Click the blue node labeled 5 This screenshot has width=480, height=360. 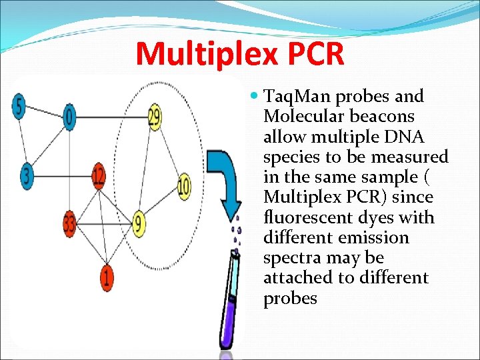(x=19, y=107)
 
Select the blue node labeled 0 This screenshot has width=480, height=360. (x=69, y=118)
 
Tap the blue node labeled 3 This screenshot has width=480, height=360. (x=26, y=175)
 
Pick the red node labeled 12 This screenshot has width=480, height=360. (x=99, y=177)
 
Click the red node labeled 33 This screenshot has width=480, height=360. (x=69, y=223)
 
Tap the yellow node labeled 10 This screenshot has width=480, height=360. (x=183, y=185)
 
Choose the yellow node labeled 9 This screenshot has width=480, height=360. (x=139, y=223)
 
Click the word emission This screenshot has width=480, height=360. (x=377, y=237)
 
